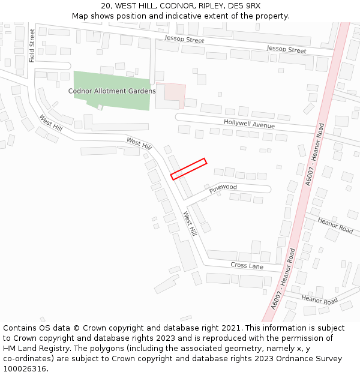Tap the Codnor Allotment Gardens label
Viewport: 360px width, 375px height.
point(112,91)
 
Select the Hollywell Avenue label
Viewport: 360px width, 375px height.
point(249,124)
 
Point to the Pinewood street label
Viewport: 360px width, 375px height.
point(223,188)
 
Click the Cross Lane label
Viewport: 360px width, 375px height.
point(247,265)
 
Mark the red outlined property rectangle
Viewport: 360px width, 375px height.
point(188,169)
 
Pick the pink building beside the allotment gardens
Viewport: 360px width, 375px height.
point(174,95)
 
